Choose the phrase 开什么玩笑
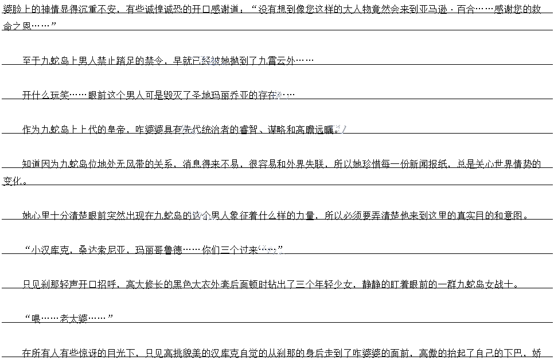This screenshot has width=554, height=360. (46, 95)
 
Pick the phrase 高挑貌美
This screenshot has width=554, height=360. (186, 353)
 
